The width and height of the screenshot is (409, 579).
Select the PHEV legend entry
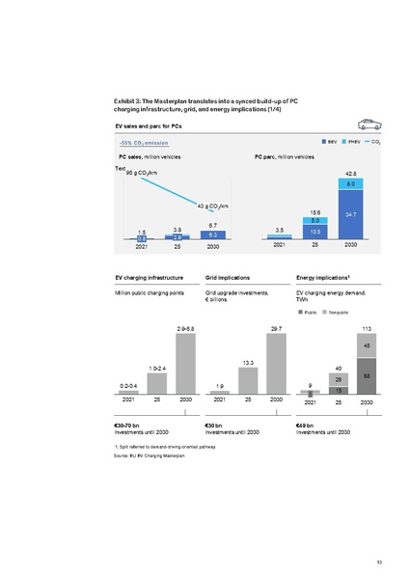[x=350, y=143]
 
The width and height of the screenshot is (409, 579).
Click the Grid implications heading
[x=228, y=277]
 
